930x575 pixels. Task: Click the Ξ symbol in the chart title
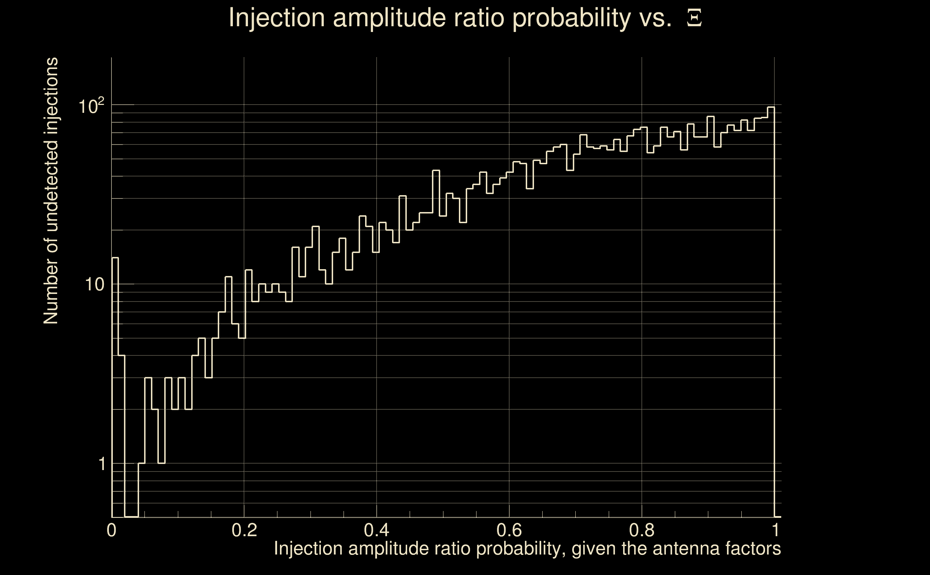pos(694,18)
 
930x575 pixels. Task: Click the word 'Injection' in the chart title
pos(277,18)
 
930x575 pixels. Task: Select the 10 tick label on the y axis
pos(94,285)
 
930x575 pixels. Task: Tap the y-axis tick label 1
pos(102,464)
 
